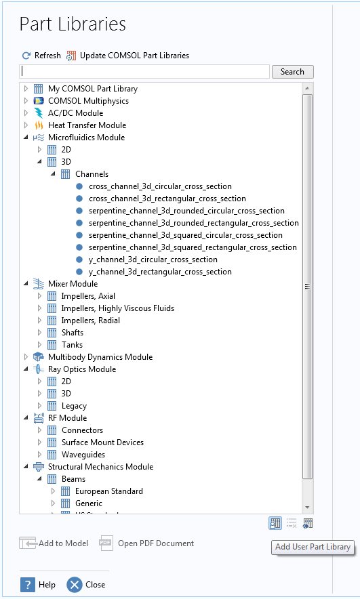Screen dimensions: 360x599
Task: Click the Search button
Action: coord(293,72)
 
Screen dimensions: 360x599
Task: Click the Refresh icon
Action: coord(26,56)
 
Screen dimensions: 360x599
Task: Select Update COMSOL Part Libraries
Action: coord(134,56)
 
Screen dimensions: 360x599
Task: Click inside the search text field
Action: coord(144,71)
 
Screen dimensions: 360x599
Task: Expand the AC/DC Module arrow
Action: coord(26,113)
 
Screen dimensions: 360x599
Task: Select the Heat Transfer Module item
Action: coord(87,125)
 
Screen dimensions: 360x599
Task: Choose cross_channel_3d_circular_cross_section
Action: coord(160,186)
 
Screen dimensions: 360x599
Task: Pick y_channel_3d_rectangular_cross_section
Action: coord(160,272)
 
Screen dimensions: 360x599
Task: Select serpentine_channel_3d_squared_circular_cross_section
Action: coord(185,235)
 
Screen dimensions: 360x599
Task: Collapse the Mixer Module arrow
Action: coord(26,284)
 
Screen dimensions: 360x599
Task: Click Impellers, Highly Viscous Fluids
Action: coord(118,308)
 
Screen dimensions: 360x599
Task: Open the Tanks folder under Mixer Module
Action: coord(72,345)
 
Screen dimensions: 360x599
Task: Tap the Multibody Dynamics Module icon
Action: coord(39,357)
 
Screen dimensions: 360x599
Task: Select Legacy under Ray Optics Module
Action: coord(74,406)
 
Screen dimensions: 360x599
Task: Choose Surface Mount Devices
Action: coord(102,442)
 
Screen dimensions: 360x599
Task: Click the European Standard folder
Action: coord(109,491)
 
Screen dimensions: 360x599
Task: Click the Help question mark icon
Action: coord(28,585)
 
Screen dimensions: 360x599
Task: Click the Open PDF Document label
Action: coord(156,543)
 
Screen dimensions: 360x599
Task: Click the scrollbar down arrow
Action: coord(307,508)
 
